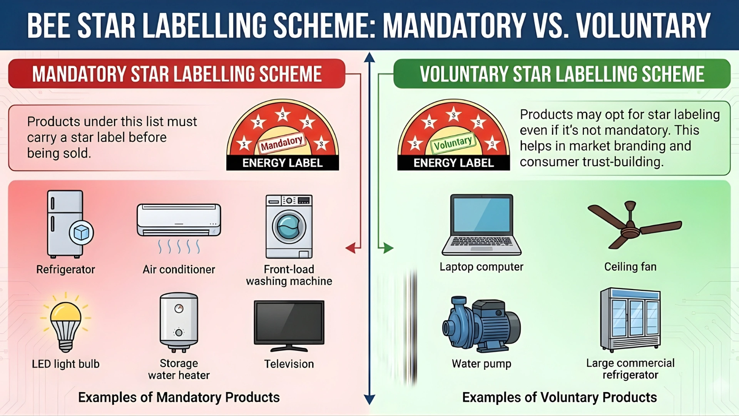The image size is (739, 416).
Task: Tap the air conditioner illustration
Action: (179, 220)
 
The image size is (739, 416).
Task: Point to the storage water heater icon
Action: (179, 322)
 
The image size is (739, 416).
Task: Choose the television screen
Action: (289, 322)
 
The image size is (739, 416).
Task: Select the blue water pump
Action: (482, 324)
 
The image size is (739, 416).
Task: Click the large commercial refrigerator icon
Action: (630, 319)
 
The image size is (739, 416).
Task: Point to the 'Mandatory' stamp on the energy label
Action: (282, 143)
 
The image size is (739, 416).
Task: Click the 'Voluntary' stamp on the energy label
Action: (453, 143)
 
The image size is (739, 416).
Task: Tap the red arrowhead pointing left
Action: (351, 248)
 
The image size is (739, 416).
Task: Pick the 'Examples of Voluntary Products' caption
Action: (559, 397)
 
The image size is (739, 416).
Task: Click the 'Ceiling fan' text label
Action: (630, 267)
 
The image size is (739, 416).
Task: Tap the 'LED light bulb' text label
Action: (65, 364)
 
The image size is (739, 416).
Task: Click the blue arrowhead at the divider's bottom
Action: (369, 399)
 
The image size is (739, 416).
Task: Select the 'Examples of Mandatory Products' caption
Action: (179, 397)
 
